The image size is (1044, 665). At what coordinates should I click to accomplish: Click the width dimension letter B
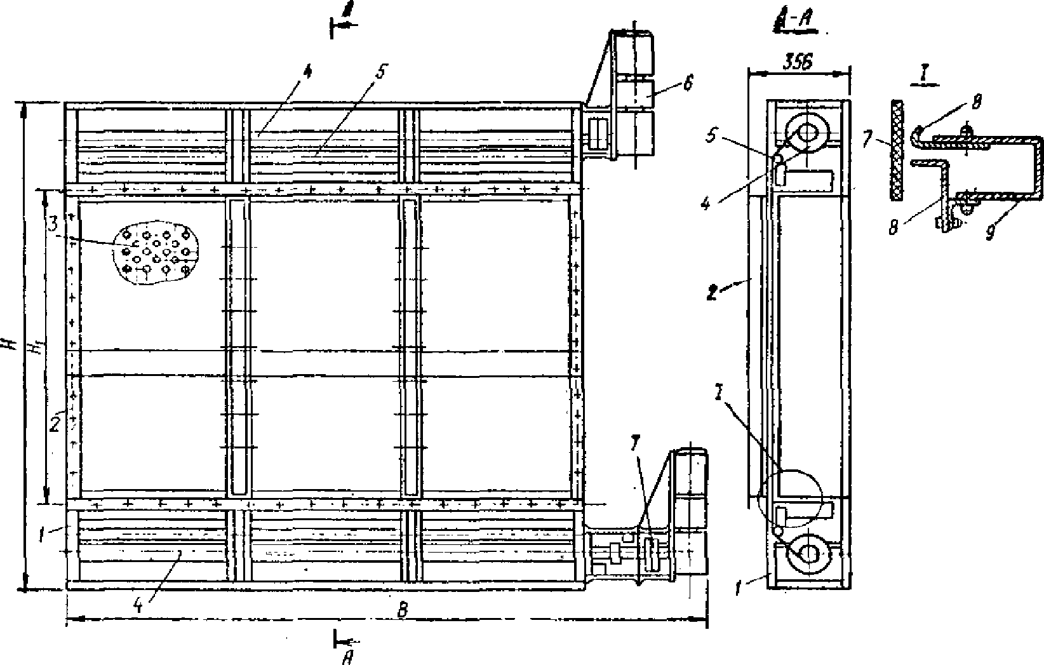[401, 609]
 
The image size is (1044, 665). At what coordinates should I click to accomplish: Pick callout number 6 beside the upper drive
[689, 83]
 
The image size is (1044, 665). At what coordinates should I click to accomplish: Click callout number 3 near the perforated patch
[54, 224]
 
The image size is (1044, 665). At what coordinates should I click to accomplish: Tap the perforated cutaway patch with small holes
[156, 254]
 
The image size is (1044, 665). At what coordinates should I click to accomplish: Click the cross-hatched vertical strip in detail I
[896, 150]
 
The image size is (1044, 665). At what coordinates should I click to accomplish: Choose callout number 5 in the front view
[379, 73]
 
